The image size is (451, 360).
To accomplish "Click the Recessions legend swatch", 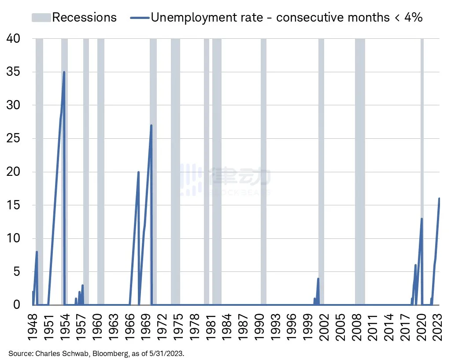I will (x=41, y=17).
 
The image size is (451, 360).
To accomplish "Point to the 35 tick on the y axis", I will (x=13, y=72).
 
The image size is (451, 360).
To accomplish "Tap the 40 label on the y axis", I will (x=13, y=39).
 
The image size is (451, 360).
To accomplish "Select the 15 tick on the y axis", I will (x=13, y=205).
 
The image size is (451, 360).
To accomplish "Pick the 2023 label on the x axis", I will (x=439, y=327).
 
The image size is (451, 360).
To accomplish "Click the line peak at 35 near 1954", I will (x=64, y=72).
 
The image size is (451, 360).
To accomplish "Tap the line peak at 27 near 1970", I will (x=151, y=125).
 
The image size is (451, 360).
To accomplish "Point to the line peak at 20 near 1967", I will (x=138, y=172).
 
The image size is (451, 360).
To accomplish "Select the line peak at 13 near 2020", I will (x=422, y=219).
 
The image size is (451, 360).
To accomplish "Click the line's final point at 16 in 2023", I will (x=439, y=198).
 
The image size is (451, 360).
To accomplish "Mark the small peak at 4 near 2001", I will (x=318, y=278).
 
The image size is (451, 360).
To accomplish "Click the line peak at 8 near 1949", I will (x=37, y=252).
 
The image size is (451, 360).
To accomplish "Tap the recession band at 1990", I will (x=263, y=172).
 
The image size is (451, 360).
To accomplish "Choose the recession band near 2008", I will (x=360, y=172).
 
